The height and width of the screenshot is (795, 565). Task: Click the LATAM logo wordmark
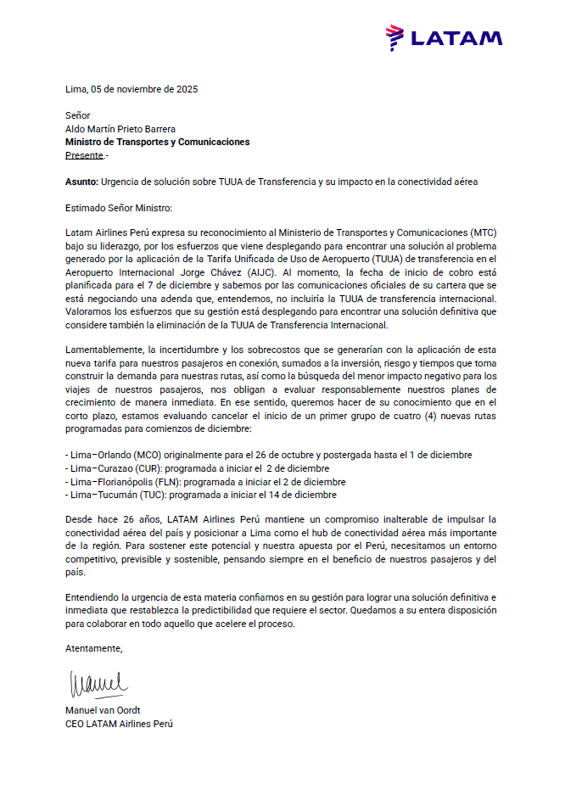[456, 38]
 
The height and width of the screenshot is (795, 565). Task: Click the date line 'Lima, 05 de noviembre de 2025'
[131, 89]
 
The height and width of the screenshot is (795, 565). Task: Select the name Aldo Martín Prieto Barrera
[120, 129]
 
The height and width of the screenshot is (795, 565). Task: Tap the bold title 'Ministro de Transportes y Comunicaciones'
[157, 143]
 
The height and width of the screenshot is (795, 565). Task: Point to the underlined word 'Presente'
[84, 156]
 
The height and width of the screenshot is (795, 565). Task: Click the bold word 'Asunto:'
[81, 182]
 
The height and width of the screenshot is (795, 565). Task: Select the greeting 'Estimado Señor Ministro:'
[118, 207]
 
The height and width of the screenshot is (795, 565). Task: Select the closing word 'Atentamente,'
[93, 650]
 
